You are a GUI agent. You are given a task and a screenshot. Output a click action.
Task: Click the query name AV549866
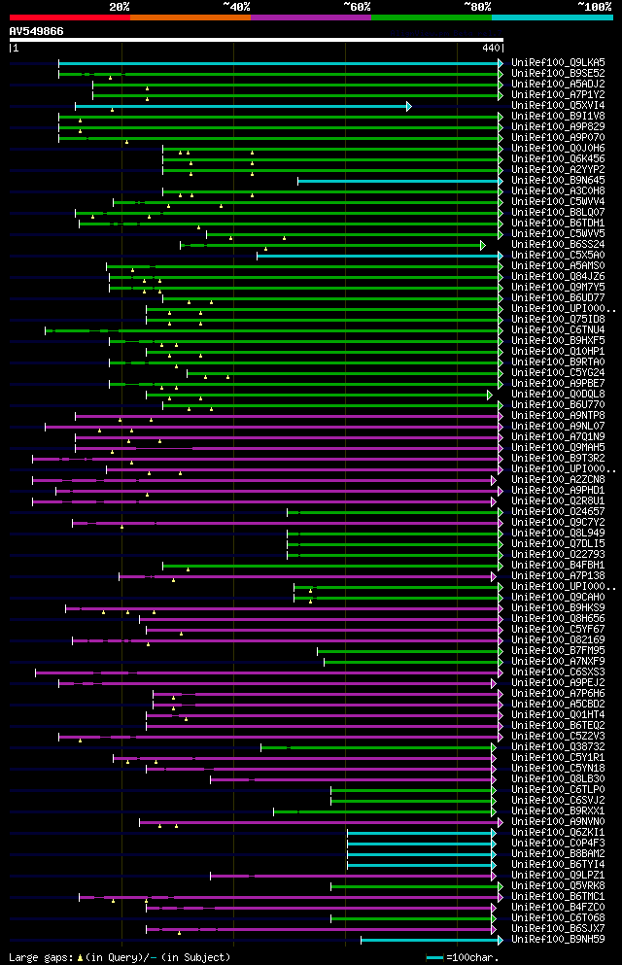click(37, 31)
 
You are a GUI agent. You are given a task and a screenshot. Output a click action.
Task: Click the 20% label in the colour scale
click(120, 7)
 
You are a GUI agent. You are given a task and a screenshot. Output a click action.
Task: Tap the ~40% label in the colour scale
click(236, 7)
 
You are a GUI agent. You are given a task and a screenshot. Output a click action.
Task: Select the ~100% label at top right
click(594, 7)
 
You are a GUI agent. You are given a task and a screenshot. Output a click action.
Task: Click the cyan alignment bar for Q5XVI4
click(243, 106)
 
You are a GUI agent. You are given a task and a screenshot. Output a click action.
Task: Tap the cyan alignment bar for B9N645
click(398, 181)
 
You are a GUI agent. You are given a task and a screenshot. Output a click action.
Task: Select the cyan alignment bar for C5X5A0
click(379, 256)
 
